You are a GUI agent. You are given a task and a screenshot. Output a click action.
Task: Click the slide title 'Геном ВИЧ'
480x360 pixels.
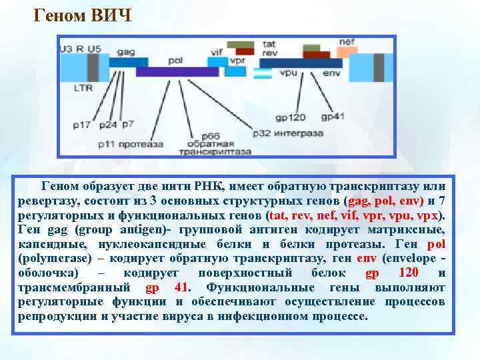click(x=84, y=15)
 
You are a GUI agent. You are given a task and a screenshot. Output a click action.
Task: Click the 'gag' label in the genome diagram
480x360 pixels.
click(x=125, y=51)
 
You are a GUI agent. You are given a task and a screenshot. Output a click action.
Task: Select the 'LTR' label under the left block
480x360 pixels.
click(x=83, y=87)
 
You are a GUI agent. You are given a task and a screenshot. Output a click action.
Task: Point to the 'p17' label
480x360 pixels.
click(x=83, y=125)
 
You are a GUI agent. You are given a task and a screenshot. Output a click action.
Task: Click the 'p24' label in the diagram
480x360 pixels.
click(x=107, y=125)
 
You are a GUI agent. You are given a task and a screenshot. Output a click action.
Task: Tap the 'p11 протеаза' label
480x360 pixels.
click(x=131, y=143)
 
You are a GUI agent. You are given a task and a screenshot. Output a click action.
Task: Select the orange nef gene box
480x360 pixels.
click(x=346, y=51)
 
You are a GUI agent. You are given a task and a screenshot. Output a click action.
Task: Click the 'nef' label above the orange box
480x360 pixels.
click(x=346, y=41)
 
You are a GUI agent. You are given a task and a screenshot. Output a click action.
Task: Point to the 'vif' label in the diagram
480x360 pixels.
click(x=217, y=51)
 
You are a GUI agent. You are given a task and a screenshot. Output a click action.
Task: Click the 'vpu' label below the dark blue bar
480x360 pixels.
click(x=288, y=72)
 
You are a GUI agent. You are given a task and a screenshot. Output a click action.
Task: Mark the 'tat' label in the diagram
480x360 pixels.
click(x=269, y=44)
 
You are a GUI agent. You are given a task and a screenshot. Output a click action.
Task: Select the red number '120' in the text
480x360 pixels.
click(x=408, y=273)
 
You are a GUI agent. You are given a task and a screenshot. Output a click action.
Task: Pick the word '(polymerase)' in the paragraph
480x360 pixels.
click(x=50, y=259)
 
